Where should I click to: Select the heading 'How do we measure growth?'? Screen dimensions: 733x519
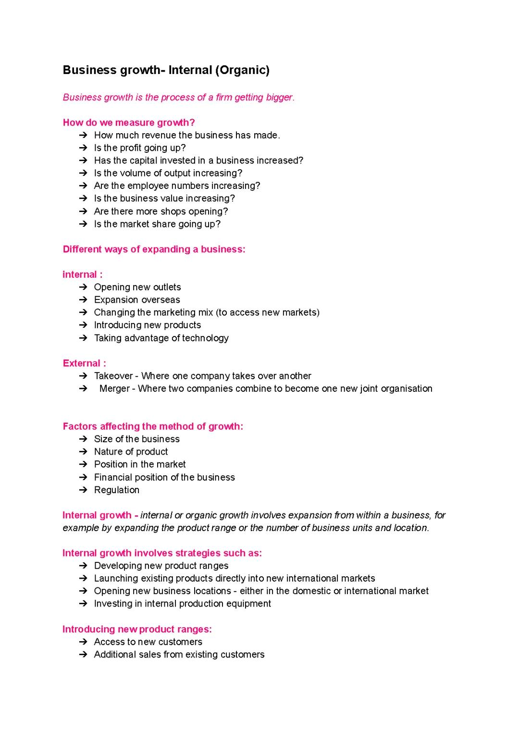pos(129,123)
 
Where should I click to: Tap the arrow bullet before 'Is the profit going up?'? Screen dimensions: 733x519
pos(83,148)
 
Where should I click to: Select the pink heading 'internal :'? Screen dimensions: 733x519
pos(82,274)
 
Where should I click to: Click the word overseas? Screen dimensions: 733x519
pos(161,300)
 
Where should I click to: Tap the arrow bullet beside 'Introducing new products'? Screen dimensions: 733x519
pos(83,325)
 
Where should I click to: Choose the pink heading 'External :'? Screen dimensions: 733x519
pos(84,363)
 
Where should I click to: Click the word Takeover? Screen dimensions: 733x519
pos(113,376)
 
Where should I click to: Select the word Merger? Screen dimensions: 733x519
pos(114,388)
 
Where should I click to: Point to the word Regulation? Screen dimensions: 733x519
pos(117,490)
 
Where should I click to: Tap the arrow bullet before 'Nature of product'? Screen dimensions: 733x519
pos(83,452)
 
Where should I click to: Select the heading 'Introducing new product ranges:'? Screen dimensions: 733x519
pos(137,629)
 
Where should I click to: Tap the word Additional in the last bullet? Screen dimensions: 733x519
pos(115,655)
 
